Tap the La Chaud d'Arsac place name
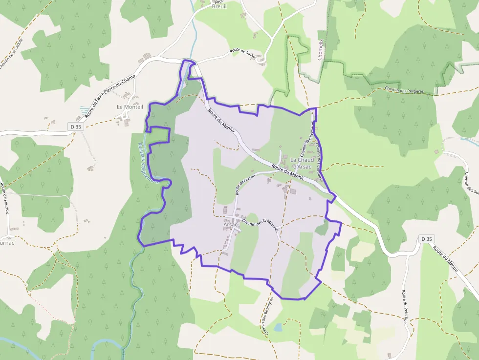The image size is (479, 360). coord(302,163)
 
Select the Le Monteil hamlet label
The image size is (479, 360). coord(130,107)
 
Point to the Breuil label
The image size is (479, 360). coord(219,7)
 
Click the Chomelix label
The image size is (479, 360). coord(321,49)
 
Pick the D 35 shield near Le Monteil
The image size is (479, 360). coord(75,127)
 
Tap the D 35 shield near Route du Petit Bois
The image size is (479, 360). coord(426,239)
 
